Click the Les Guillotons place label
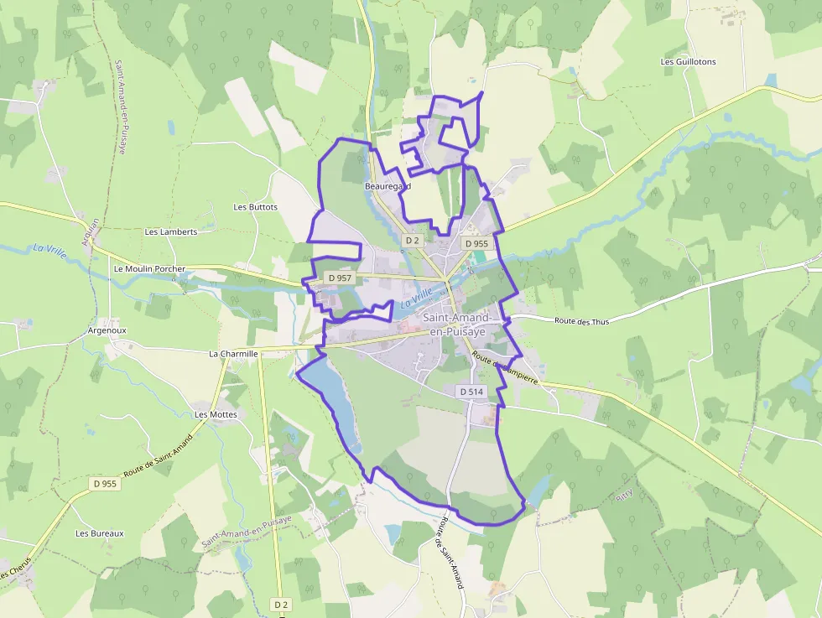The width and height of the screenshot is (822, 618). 688,62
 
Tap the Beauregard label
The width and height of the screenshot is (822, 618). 388,185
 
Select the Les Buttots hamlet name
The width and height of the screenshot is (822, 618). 256,207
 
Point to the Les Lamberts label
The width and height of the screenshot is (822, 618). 171,232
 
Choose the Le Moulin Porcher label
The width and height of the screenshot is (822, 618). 148,269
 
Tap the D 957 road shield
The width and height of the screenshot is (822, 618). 340,278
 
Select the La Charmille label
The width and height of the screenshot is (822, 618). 233,354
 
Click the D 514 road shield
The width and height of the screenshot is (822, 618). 472,392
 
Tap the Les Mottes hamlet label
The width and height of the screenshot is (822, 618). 216,415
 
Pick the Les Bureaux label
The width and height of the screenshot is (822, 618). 100,533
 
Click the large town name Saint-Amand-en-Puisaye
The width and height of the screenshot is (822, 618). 459,325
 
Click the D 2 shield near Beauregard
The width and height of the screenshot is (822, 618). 412,241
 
